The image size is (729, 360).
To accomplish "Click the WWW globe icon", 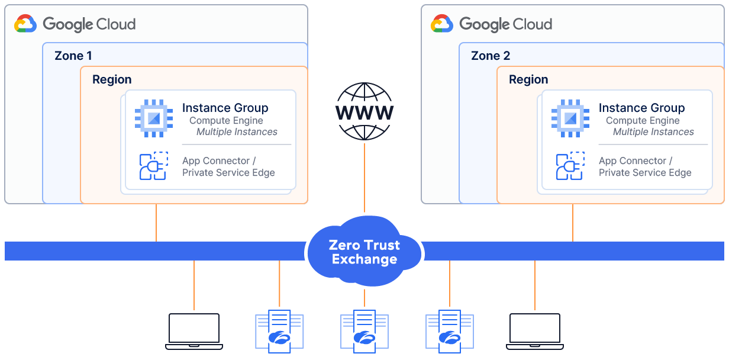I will point(364,111).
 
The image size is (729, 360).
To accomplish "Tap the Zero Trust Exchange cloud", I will point(364,252).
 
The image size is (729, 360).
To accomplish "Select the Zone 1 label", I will point(73,56).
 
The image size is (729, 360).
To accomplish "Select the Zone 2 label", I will point(490,56).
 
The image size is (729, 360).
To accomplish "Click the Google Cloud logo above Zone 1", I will point(75,24).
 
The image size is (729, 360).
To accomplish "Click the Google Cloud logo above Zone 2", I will point(492,24).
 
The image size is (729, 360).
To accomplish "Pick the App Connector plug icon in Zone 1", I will point(153,166).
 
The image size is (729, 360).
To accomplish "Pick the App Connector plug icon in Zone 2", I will point(570,166).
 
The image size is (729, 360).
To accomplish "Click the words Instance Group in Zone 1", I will point(225,108).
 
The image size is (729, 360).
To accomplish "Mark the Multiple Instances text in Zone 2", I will point(653,132).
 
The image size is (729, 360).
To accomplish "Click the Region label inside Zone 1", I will point(112,79).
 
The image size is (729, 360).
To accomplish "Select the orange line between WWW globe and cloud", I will point(364,178).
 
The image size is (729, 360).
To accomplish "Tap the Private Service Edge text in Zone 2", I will point(645,173).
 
